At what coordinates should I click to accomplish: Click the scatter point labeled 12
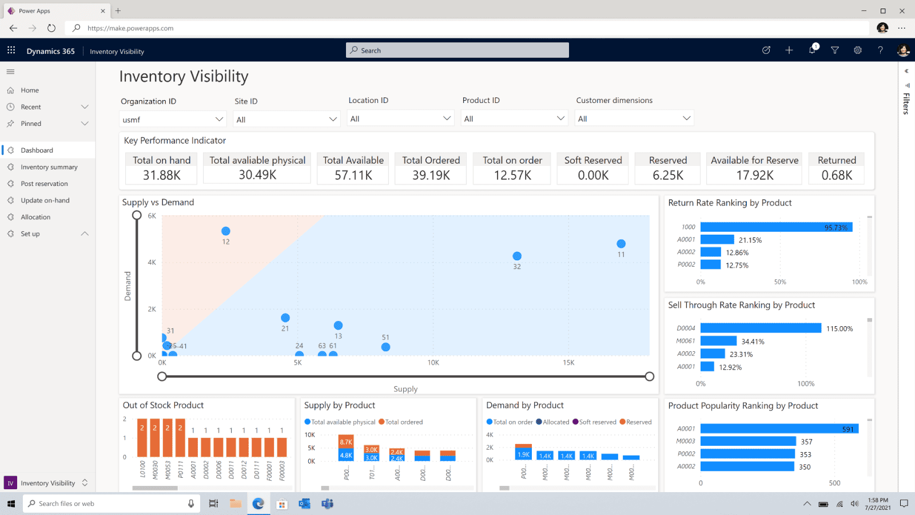click(x=226, y=231)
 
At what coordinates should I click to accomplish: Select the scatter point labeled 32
click(x=517, y=256)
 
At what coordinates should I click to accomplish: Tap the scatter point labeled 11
click(x=621, y=244)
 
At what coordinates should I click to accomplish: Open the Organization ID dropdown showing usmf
click(x=172, y=120)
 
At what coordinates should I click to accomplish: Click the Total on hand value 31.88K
click(x=161, y=176)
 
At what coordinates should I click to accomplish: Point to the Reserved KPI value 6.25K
click(x=668, y=176)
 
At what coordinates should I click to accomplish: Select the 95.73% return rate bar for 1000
click(x=776, y=227)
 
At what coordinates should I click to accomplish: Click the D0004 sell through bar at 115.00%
click(x=761, y=328)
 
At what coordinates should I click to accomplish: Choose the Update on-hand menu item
click(x=45, y=200)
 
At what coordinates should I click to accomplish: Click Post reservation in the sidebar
click(x=44, y=184)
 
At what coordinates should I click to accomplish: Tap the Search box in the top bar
click(x=457, y=50)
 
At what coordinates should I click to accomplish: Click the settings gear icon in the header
click(x=858, y=50)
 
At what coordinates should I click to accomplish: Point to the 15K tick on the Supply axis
click(x=568, y=363)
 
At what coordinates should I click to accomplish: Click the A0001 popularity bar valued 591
click(x=779, y=429)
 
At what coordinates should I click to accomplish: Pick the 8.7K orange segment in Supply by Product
click(x=346, y=442)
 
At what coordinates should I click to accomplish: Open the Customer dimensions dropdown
click(x=634, y=118)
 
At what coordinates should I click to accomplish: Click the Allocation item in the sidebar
click(x=35, y=217)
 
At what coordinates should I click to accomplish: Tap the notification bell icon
click(x=812, y=50)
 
